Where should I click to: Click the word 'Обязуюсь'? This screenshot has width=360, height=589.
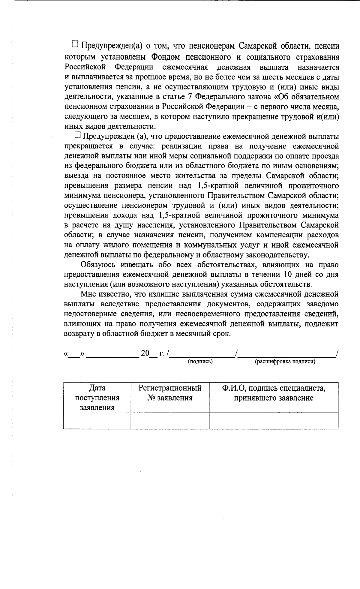point(98,265)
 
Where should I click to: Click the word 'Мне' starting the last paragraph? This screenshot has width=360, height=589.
point(87,294)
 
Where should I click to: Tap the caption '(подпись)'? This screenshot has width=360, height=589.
point(200,362)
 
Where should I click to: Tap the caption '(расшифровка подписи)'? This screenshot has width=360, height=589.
point(285,362)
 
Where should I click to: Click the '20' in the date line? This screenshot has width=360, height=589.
point(145,353)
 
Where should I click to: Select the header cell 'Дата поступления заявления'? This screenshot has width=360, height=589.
point(97,398)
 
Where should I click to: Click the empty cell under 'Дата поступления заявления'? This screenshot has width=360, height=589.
point(97,420)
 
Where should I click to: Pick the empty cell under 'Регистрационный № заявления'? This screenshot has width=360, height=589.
point(170,420)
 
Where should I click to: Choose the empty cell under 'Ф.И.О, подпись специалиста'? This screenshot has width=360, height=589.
point(274,420)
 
